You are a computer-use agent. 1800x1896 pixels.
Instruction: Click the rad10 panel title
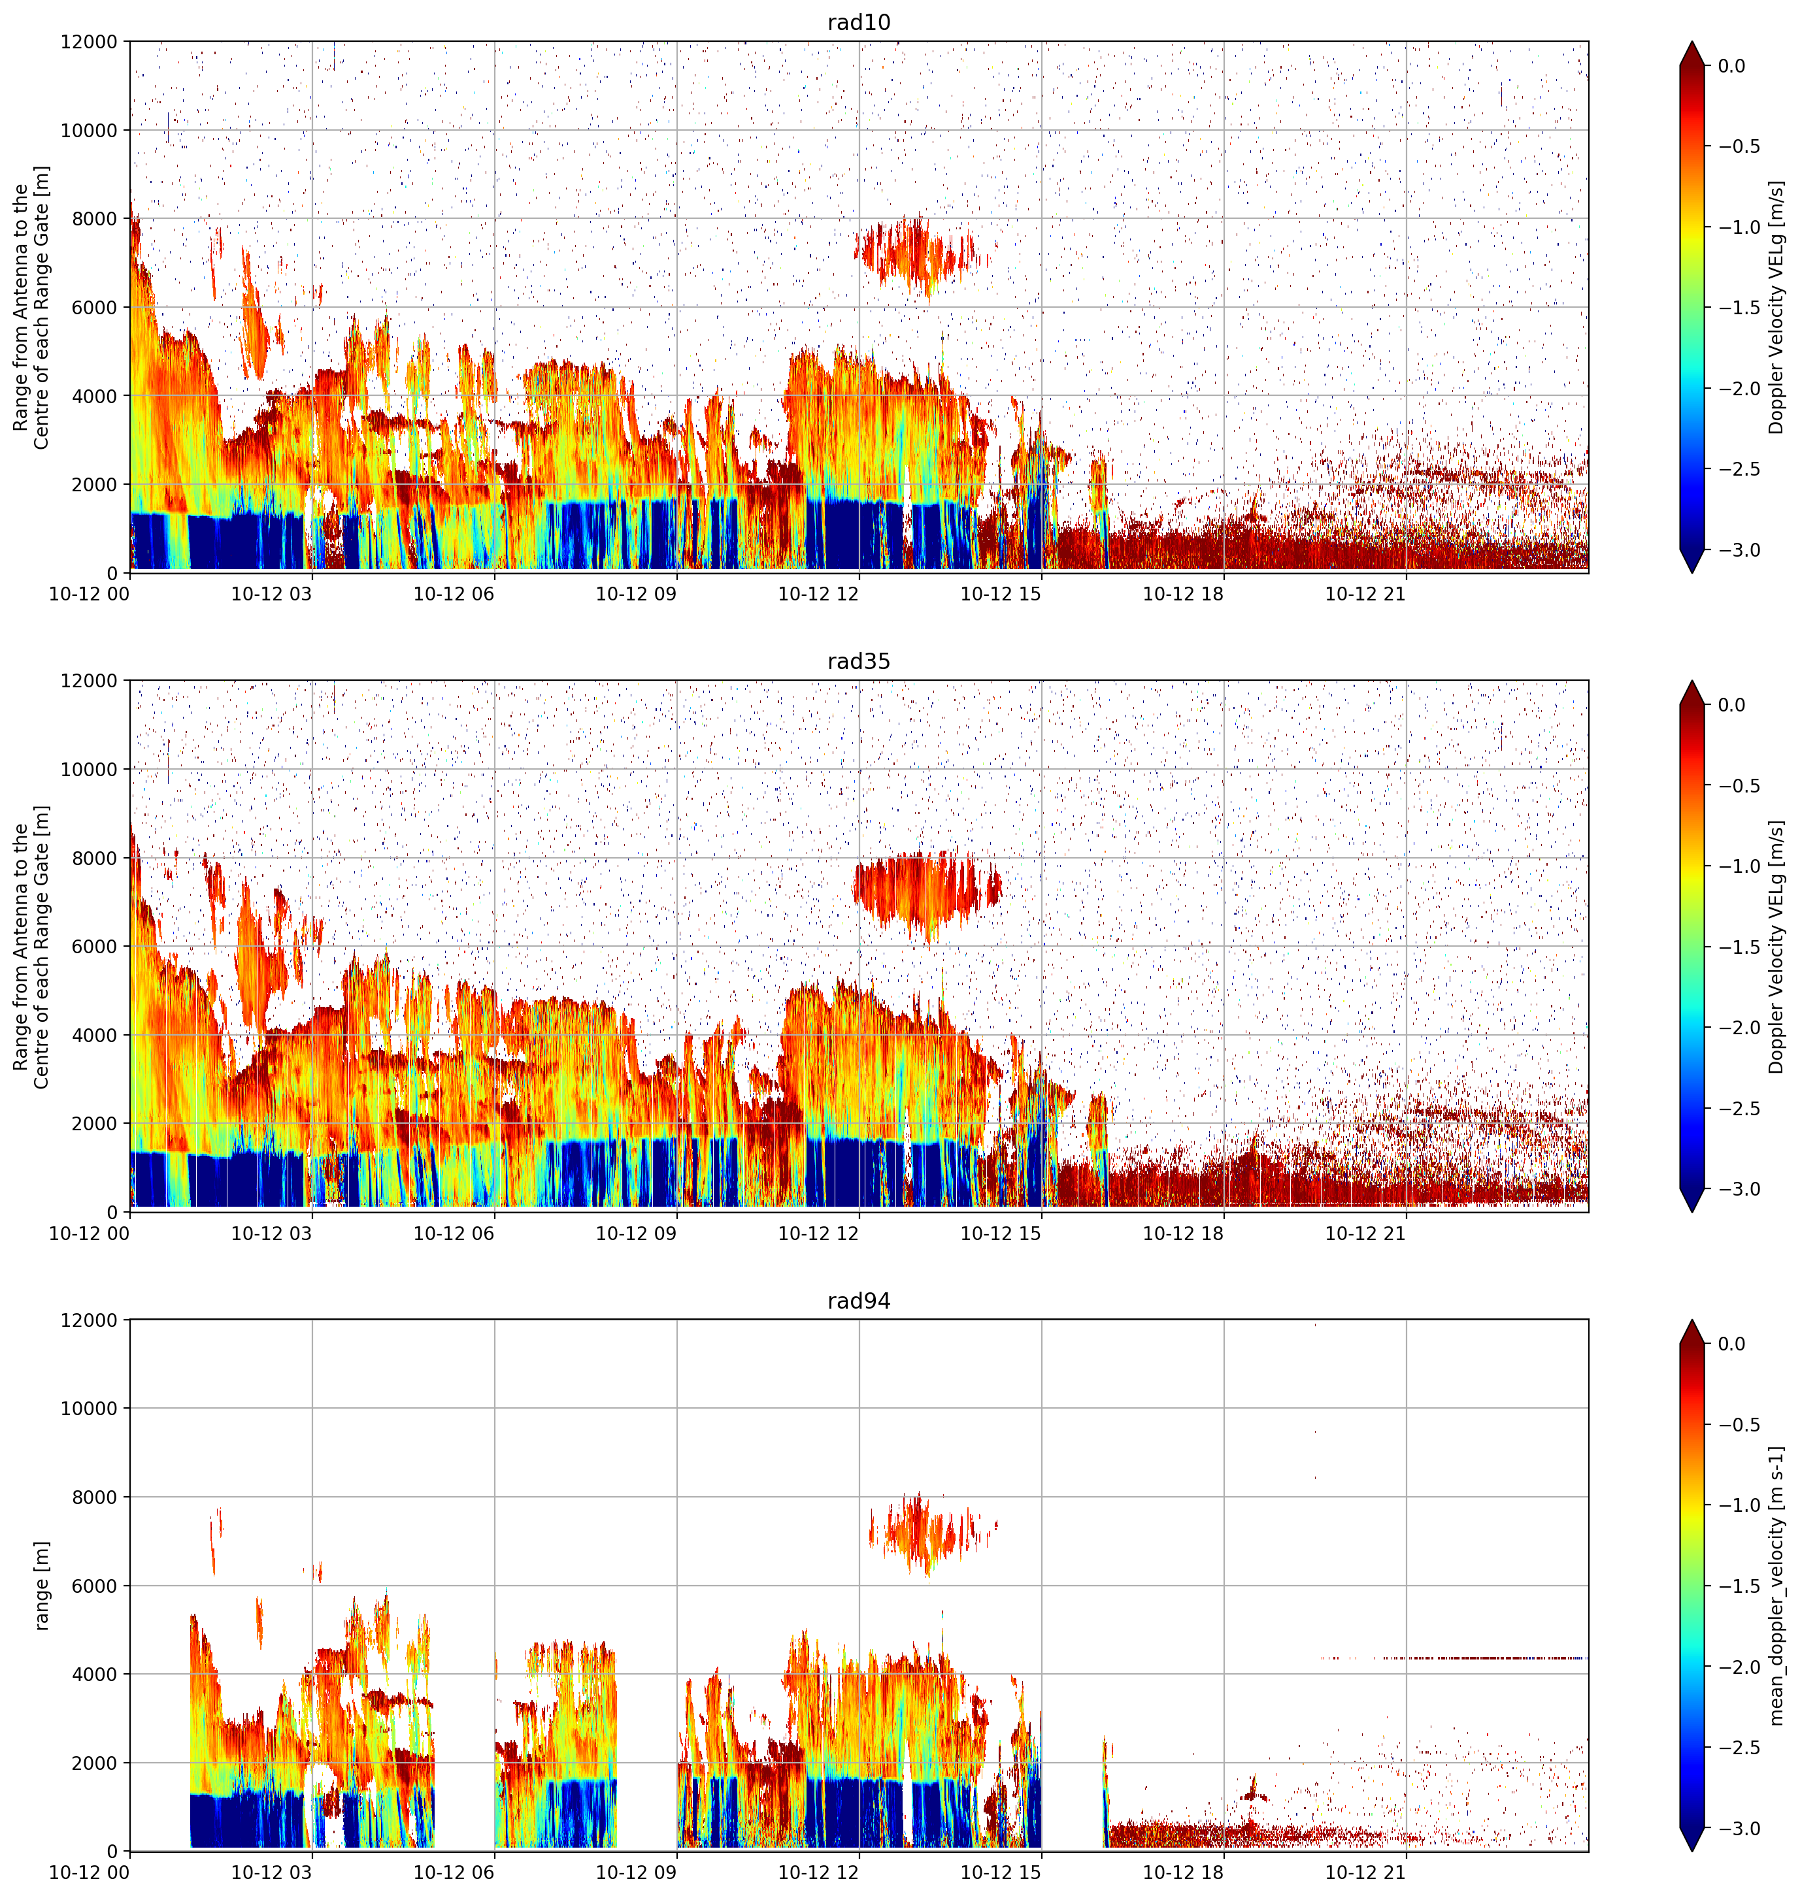point(859,22)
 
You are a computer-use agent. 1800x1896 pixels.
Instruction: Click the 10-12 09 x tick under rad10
point(636,594)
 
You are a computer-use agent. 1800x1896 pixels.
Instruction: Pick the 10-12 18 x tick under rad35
point(1183,1234)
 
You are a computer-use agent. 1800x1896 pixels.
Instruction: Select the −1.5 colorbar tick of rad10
point(1739,307)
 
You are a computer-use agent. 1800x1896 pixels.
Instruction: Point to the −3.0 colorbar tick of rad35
point(1739,1188)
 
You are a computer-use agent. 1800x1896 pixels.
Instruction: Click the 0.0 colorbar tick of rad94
point(1732,1344)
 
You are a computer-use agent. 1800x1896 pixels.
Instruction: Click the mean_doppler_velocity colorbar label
point(1777,1585)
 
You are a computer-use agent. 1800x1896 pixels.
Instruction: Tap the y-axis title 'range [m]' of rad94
point(41,1585)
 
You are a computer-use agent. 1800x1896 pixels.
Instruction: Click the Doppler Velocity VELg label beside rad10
point(1777,307)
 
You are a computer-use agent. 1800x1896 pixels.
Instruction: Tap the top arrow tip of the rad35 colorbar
point(1693,681)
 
